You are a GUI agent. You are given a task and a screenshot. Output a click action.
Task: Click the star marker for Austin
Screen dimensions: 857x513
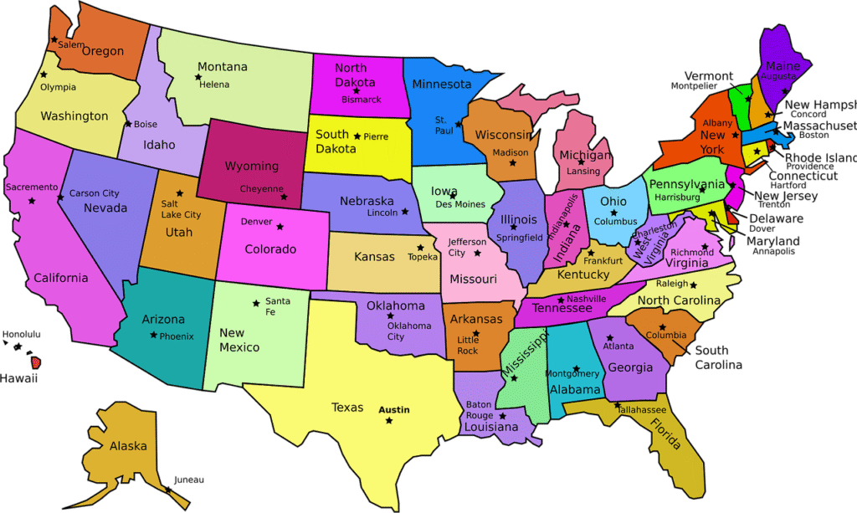389,420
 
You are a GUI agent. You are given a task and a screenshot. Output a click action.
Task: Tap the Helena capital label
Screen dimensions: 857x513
213,85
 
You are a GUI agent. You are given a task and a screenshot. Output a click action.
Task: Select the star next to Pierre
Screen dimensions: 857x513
357,136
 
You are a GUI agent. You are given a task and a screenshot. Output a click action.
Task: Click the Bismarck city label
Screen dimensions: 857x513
361,100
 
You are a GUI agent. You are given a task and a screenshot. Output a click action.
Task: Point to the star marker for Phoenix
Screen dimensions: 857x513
153,335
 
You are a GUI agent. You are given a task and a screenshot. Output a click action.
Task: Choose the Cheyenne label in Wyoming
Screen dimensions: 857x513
261,189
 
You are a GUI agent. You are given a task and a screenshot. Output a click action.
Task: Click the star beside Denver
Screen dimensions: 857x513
280,226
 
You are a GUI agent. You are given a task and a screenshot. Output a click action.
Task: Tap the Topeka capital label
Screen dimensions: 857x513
423,257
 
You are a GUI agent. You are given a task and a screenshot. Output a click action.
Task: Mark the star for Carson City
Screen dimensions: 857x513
60,198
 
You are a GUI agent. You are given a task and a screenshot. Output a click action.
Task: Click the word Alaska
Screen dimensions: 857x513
128,446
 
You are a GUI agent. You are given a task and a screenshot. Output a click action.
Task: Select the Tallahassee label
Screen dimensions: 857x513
642,410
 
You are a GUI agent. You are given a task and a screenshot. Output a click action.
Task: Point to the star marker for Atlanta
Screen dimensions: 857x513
607,336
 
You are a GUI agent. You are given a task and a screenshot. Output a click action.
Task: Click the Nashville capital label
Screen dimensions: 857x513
586,299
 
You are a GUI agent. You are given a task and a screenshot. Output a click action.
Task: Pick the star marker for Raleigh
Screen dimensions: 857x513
693,285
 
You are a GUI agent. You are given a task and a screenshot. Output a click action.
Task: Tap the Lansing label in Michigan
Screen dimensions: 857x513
583,172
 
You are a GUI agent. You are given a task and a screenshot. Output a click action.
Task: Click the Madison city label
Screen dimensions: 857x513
511,152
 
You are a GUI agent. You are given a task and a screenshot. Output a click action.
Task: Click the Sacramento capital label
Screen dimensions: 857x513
32,187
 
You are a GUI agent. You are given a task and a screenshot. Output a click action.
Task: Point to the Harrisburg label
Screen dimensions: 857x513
677,198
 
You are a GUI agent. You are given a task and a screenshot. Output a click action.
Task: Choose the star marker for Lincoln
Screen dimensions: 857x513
405,212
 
